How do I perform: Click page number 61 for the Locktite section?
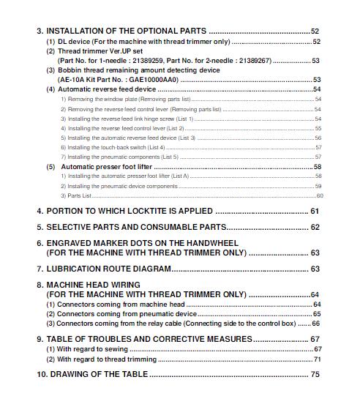click(315, 211)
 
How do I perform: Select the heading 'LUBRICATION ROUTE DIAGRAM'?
click(108, 269)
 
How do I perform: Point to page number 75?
click(315, 374)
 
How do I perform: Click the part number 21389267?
click(253, 61)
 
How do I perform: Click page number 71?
click(317, 359)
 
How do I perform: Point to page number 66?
click(316, 323)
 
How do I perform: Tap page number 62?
click(315, 228)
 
